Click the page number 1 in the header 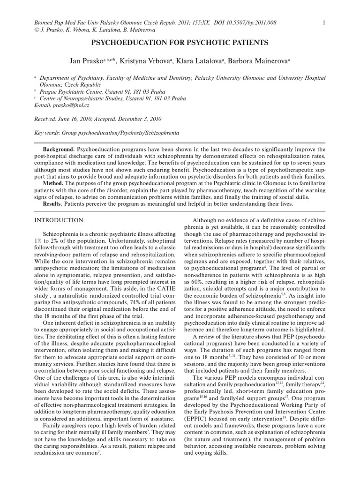(324, 22)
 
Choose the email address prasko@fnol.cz (70, 105)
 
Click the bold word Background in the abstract (59, 149)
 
